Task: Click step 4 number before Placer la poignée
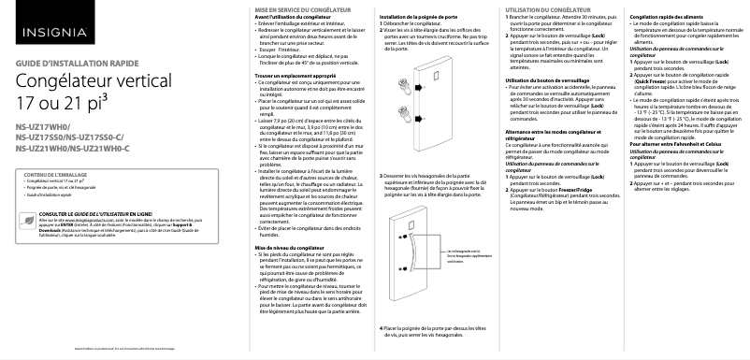click(381, 328)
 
